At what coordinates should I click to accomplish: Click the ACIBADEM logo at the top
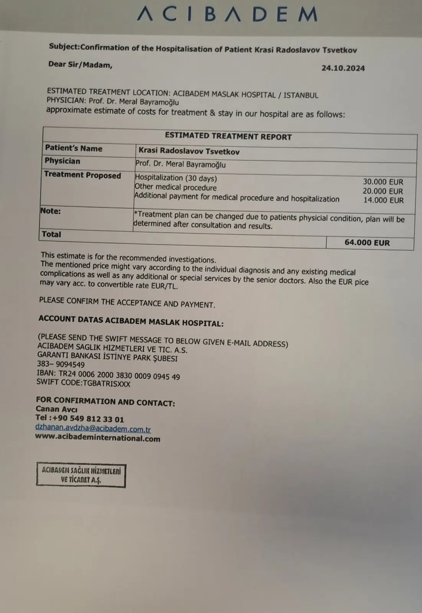227,14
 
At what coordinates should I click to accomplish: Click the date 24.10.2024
343,68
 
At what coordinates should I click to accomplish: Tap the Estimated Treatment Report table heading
228,136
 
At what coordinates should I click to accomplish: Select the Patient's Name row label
74,149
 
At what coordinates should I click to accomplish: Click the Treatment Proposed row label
82,175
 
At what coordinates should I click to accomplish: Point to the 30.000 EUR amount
383,182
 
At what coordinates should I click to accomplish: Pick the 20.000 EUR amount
383,191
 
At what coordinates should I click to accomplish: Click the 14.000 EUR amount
383,200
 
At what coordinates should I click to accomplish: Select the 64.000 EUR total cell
367,243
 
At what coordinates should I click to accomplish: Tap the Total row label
51,234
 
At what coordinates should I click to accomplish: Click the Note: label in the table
51,211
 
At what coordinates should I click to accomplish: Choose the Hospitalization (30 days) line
176,178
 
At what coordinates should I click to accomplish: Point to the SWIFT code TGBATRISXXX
83,383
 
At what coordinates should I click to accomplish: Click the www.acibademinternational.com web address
97,438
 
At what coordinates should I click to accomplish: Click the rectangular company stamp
81,475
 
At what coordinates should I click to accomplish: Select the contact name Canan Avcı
56,409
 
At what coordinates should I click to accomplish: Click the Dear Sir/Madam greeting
80,65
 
